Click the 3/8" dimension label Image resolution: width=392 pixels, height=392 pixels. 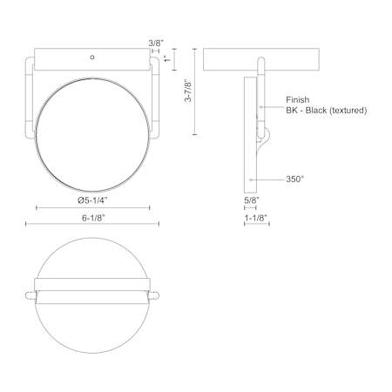(156, 44)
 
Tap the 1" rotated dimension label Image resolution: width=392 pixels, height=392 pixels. (167, 58)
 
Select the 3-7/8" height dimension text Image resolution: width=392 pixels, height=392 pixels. (188, 91)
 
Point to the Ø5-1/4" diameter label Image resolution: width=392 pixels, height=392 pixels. (92, 200)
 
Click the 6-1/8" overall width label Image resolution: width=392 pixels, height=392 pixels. (93, 218)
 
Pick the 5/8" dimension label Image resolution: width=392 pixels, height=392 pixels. (252, 200)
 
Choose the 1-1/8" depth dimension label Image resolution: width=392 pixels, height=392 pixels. (256, 218)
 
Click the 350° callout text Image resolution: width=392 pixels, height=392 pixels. (294, 179)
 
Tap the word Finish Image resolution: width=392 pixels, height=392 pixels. (298, 100)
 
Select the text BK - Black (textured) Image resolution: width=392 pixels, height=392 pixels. (327, 111)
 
